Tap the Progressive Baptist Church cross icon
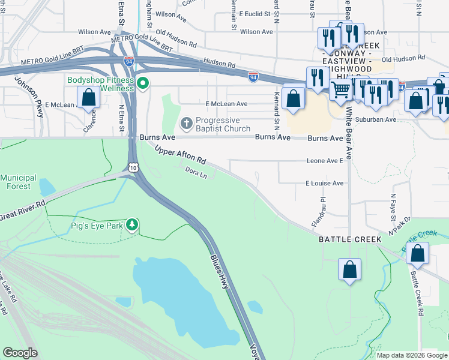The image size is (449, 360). point(186,124)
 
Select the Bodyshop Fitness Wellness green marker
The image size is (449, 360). point(143,83)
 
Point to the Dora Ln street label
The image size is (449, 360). point(196,173)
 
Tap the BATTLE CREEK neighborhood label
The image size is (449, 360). point(349,239)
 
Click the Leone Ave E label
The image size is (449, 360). point(324,161)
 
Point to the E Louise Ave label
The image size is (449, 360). point(324,183)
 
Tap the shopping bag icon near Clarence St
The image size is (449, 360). point(89,97)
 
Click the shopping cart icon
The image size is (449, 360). point(341,90)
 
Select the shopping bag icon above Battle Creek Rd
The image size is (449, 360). point(418,254)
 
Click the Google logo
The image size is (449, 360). point(20,353)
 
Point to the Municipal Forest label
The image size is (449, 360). point(19,182)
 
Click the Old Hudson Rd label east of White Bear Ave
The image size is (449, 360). point(403,59)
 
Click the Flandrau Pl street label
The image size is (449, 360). point(322,208)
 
